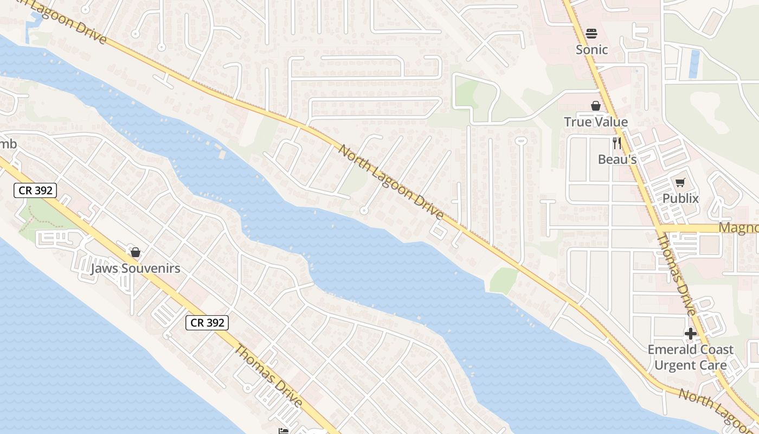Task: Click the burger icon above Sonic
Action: click(591, 34)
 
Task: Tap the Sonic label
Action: click(591, 50)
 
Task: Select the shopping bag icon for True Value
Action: click(596, 106)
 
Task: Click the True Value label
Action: click(596, 122)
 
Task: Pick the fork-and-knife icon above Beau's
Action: click(617, 143)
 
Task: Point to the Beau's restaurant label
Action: click(617, 159)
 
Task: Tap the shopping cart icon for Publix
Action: click(680, 183)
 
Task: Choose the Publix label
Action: click(680, 199)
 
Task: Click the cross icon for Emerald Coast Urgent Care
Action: click(690, 334)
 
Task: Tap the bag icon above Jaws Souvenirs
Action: click(136, 252)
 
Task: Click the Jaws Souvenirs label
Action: click(136, 269)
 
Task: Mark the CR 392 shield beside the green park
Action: click(35, 190)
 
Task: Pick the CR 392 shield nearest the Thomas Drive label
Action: click(207, 323)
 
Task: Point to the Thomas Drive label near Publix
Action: click(676, 275)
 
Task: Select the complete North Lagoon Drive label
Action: click(391, 182)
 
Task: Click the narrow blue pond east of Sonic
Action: click(693, 63)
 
